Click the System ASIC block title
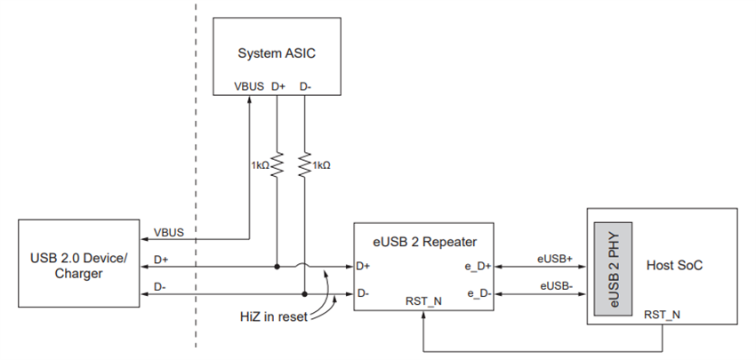(277, 53)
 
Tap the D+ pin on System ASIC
(277, 86)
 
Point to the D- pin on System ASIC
(304, 86)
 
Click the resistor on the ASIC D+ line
(277, 164)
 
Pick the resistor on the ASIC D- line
(304, 164)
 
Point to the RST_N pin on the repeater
(423, 302)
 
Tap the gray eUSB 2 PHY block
(615, 266)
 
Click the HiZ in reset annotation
(273, 316)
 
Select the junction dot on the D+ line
(277, 265)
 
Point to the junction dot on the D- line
(304, 292)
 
